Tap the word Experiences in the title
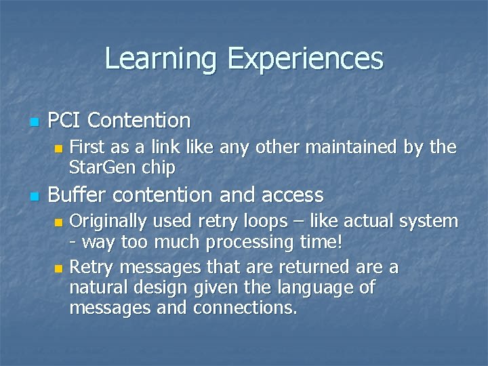[x=305, y=59]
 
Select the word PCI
[x=64, y=121]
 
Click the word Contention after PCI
[x=139, y=121]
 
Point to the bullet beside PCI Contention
[x=32, y=123]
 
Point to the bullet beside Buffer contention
[x=32, y=197]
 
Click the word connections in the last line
[x=245, y=308]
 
